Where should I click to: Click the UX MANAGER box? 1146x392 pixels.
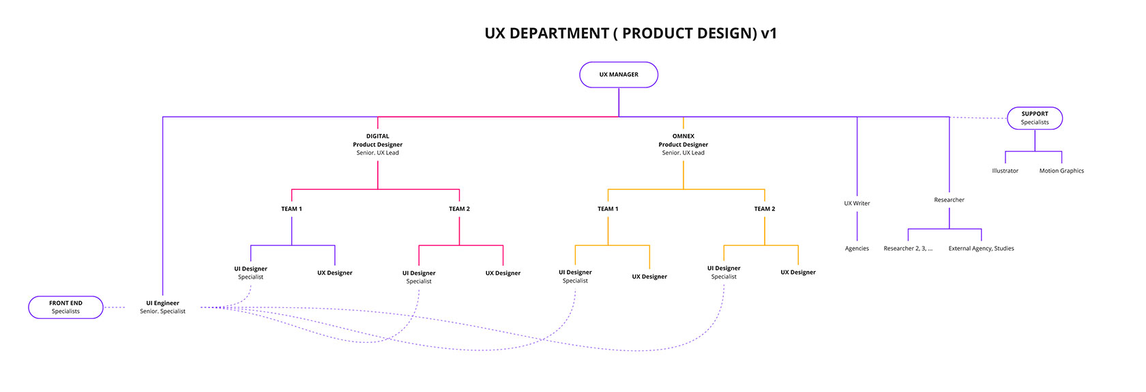(619, 75)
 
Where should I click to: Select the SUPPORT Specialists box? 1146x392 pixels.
(1035, 118)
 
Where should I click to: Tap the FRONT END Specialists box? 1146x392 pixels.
(65, 307)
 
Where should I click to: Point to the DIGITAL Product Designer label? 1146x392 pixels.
(377, 145)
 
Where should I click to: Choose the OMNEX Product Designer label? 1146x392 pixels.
(683, 145)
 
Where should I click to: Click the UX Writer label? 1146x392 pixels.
(857, 204)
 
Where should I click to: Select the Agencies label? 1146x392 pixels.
(857, 249)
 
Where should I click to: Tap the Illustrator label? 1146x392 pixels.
(1005, 171)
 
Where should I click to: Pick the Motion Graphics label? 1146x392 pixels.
(1061, 171)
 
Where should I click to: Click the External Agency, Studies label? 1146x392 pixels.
(981, 249)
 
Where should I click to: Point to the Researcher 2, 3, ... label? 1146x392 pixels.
(908, 249)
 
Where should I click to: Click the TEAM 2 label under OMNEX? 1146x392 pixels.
(765, 209)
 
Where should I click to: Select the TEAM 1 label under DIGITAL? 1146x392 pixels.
(291, 209)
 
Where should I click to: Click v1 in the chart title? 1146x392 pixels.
(769, 33)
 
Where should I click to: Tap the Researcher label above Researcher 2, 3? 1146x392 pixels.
(949, 200)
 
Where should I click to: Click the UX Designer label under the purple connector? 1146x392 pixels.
(335, 273)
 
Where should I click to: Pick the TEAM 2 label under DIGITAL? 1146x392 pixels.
(459, 209)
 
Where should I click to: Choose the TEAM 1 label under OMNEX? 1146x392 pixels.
(608, 209)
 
